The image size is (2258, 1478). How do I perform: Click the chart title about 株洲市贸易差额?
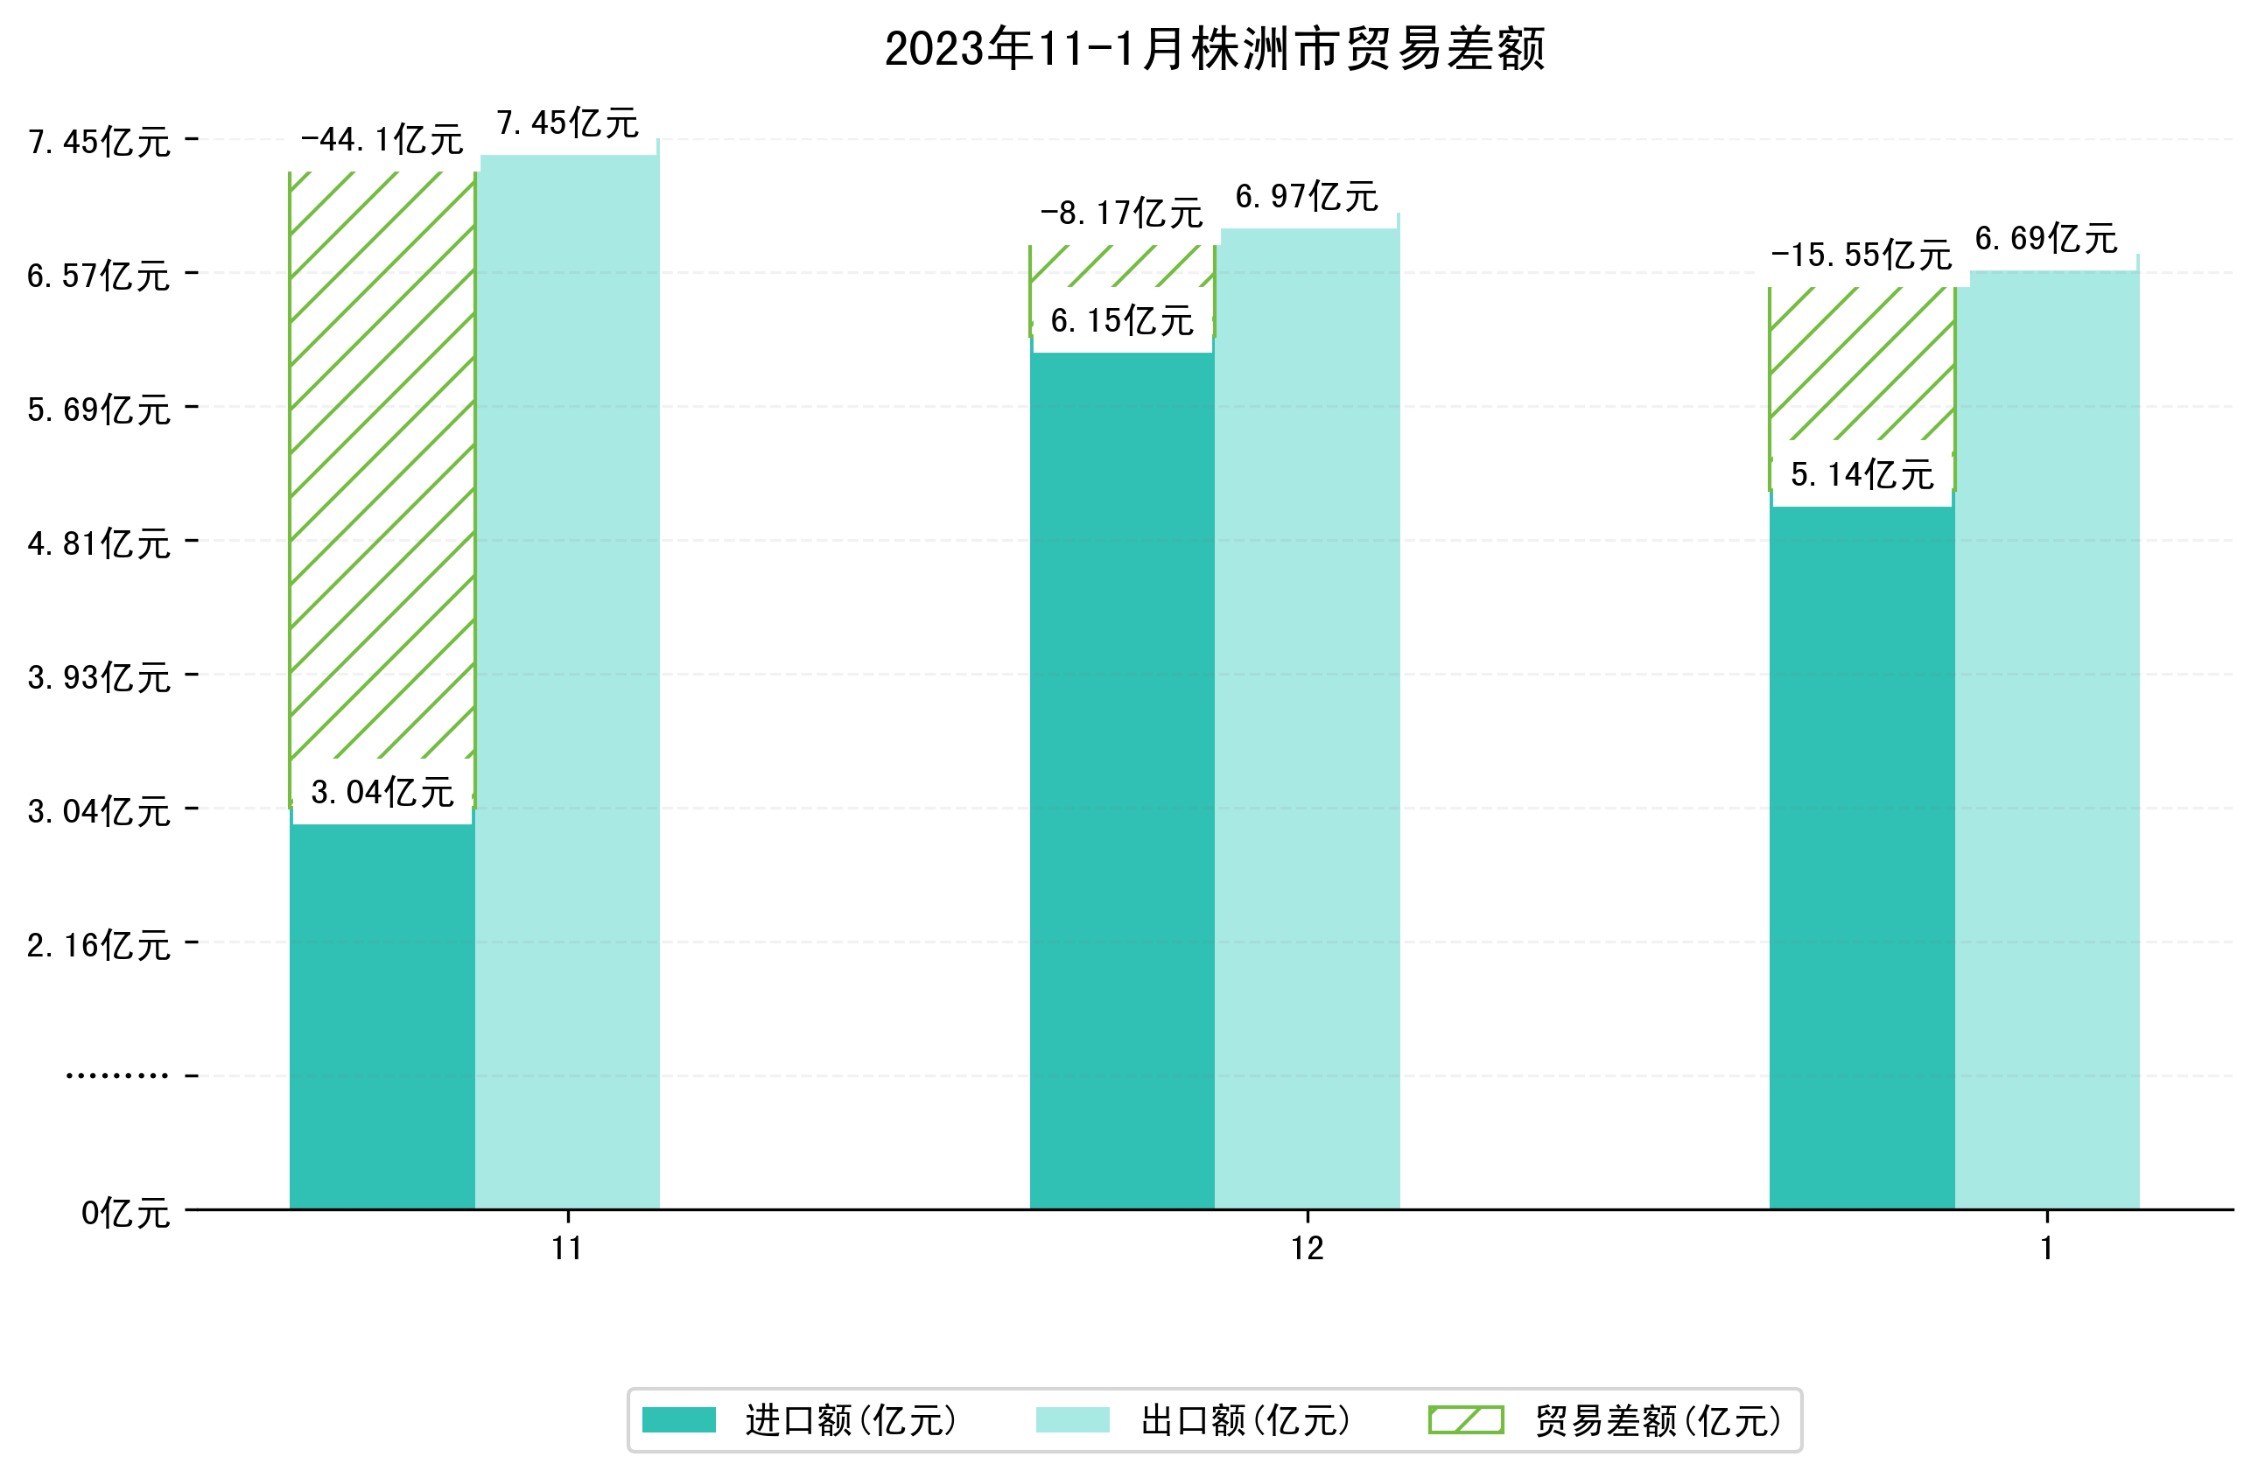coord(1215,49)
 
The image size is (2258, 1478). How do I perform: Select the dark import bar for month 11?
coord(382,1015)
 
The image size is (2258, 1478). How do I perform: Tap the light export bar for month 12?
coord(1307,721)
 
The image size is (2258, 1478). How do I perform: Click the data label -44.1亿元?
coord(382,140)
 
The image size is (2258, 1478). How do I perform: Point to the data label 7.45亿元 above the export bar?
coord(567,123)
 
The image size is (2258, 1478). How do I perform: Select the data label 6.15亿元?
coord(1121,322)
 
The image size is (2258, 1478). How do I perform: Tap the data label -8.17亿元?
coord(1121,214)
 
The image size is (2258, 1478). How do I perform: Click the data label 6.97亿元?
coord(1307,197)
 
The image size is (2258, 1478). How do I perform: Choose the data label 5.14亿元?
coord(1862,474)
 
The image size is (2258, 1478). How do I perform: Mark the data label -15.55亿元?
coord(1862,256)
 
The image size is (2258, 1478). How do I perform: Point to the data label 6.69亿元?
coord(2046,239)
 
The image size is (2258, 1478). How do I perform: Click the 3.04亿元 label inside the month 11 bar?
coord(382,792)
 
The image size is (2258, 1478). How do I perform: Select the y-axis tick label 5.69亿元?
coord(99,410)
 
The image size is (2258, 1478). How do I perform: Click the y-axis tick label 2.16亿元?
coord(99,946)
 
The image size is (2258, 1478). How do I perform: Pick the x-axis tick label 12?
coord(1307,1249)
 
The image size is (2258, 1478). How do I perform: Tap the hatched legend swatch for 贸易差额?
coord(1466,1420)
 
